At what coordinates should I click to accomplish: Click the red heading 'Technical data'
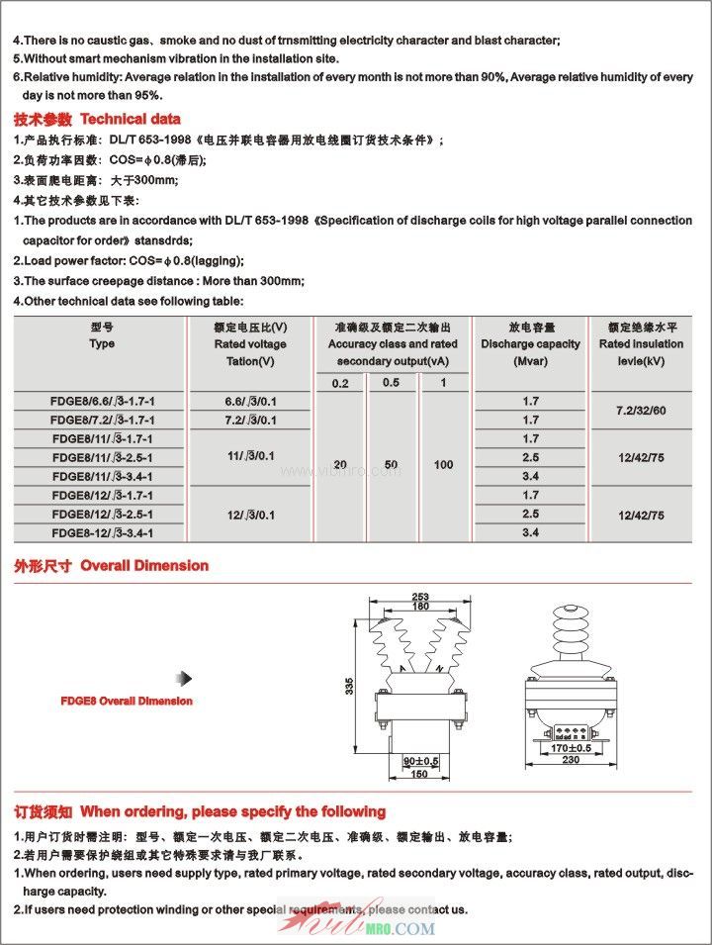[137, 119]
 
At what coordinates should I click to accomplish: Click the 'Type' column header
[102, 343]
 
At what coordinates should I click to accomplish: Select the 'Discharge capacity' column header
[530, 343]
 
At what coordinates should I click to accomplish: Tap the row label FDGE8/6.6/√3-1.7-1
[102, 401]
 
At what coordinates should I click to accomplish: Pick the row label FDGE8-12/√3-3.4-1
[102, 532]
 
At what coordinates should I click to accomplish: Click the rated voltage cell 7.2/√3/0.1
[250, 420]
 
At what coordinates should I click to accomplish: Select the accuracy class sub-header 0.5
[392, 382]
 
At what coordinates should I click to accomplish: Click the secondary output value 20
[340, 464]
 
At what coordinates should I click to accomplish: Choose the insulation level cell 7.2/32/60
[641, 410]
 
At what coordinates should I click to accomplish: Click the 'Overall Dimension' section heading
[144, 566]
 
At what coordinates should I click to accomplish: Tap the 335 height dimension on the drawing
[349, 685]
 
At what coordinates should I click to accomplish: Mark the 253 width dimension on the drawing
[419, 597]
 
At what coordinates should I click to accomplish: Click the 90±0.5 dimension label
[421, 761]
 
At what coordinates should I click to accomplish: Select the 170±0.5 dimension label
[572, 749]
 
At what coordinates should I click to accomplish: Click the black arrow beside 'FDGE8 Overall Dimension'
[183, 678]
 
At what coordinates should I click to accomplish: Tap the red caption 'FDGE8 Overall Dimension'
[127, 701]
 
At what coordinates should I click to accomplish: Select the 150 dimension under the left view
[420, 774]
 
